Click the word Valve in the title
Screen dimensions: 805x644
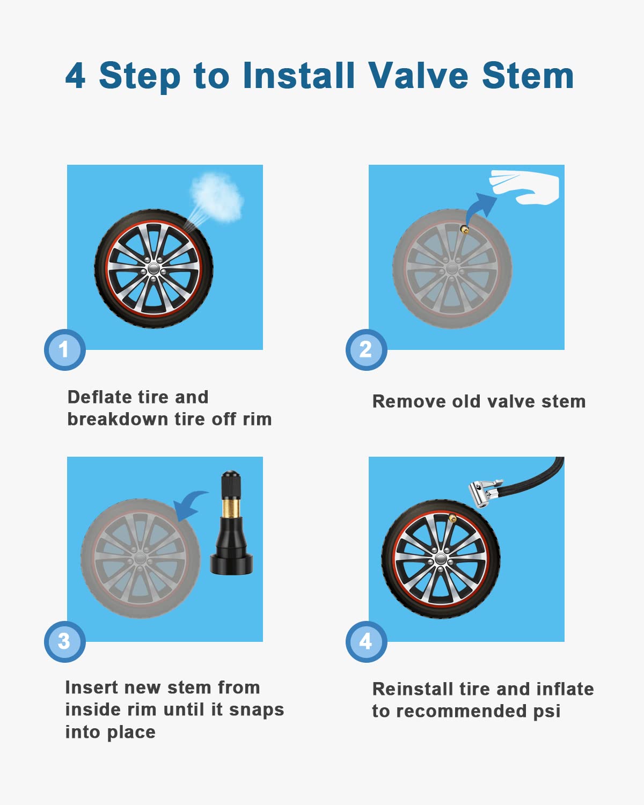coord(419,75)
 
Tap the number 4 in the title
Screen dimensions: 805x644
coord(76,76)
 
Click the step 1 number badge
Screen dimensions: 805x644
coord(64,350)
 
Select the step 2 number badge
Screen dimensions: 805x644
coord(366,350)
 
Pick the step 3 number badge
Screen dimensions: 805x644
coord(64,641)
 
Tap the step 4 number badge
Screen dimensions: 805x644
coord(366,641)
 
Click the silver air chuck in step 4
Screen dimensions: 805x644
coord(484,492)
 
